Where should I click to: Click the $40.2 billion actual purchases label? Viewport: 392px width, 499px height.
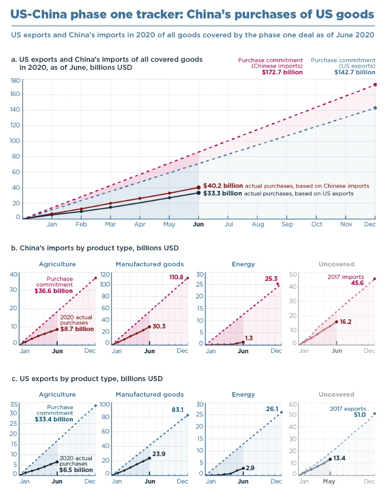click(x=223, y=186)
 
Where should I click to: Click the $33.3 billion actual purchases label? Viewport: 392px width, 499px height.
click(x=223, y=193)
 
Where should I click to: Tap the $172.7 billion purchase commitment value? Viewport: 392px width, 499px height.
click(x=282, y=72)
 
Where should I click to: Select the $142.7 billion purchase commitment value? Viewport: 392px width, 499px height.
click(x=355, y=72)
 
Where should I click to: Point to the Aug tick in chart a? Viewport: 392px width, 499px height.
click(x=258, y=224)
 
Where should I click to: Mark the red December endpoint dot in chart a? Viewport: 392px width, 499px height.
click(x=375, y=85)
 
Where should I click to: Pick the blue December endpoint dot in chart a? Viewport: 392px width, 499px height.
click(x=375, y=108)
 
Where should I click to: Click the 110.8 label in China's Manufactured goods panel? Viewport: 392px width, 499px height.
click(x=176, y=277)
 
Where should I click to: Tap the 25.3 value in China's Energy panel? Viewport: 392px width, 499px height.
click(x=271, y=279)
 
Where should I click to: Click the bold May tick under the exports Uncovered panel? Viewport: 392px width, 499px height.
click(x=329, y=481)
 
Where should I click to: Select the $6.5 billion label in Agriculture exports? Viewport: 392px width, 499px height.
click(x=76, y=470)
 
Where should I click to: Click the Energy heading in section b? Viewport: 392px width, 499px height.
click(x=243, y=264)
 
